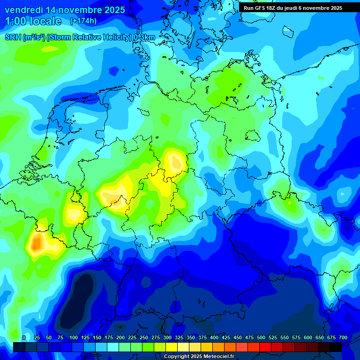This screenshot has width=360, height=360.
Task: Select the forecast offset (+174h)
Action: pyautogui.click(x=83, y=21)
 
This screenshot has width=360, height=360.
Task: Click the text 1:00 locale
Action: pyautogui.click(x=33, y=21)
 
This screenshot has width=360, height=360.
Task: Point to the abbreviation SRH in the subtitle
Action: pyautogui.click(x=13, y=37)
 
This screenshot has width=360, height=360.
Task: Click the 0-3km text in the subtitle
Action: pyautogui.click(x=144, y=37)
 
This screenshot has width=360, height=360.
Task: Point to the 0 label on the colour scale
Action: pyautogui.click(x=24, y=338)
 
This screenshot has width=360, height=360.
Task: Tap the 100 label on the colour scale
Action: pyautogui.click(x=74, y=338)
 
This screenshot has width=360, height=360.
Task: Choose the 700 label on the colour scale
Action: pyautogui.click(x=343, y=338)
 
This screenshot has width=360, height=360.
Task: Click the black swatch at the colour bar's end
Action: pyautogui.click(x=336, y=347)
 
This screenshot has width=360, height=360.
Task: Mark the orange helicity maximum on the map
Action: pyautogui.click(x=36, y=243)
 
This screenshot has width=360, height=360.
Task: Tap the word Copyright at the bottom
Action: pyautogui.click(x=177, y=357)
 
